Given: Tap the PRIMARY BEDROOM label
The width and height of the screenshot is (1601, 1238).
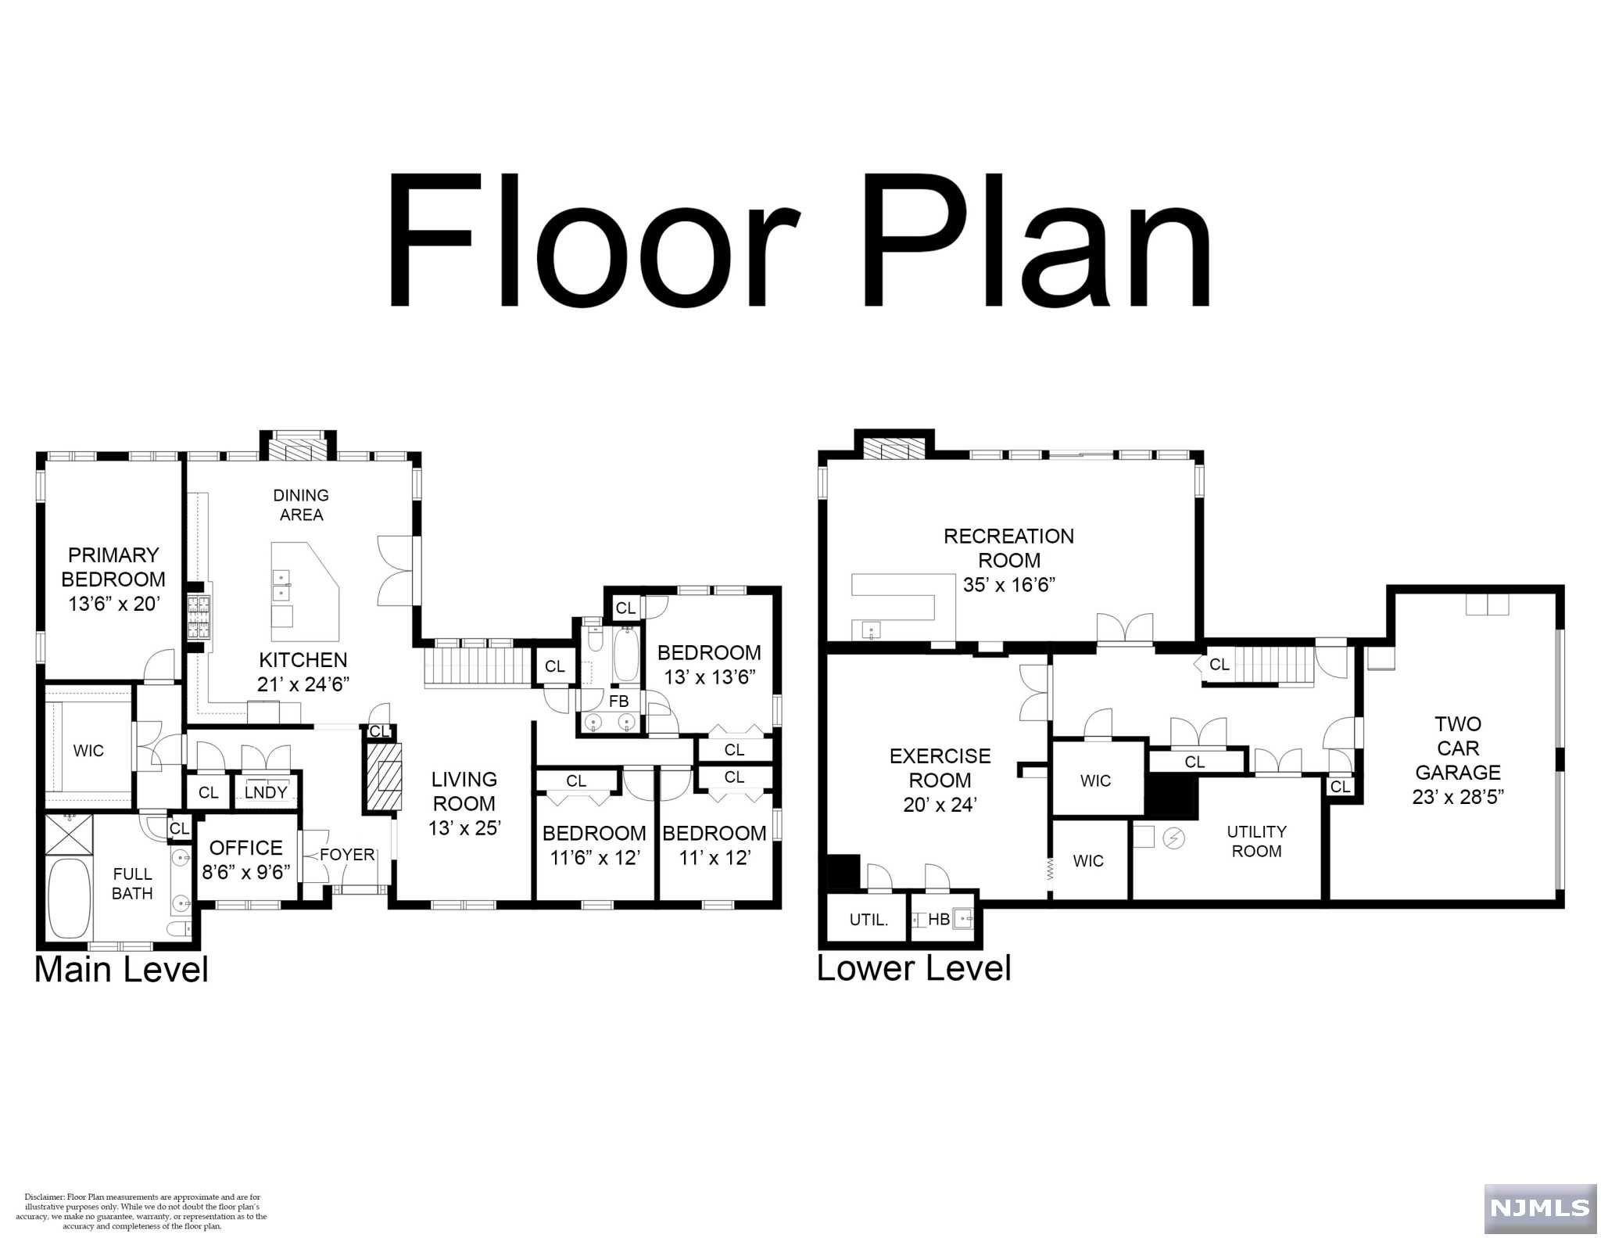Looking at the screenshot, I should (113, 567).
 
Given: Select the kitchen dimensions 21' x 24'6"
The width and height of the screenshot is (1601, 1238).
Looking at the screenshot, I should (303, 684).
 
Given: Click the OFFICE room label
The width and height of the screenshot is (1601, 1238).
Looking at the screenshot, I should (246, 848).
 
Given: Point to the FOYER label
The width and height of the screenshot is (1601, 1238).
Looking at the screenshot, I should (347, 855).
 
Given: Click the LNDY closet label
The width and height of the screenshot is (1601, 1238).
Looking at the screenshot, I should (266, 792).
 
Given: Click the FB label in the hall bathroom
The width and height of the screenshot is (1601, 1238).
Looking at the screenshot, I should (618, 702).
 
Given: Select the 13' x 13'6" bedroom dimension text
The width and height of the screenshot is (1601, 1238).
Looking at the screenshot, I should (709, 677).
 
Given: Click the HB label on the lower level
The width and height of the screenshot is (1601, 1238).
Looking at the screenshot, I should (938, 920).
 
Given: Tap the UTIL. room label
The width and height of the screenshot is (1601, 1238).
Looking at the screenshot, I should (869, 920).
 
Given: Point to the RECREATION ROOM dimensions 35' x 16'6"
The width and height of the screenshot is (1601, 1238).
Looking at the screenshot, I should (1008, 585).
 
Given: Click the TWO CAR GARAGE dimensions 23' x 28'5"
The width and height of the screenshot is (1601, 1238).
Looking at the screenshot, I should (1457, 797).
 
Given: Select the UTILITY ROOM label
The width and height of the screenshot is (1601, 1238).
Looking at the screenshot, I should (1256, 841).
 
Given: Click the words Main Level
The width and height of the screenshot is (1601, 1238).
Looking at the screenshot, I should (121, 970).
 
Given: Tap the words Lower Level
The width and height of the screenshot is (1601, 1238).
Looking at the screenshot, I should (914, 968).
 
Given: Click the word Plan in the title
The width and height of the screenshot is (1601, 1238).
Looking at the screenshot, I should (1036, 242).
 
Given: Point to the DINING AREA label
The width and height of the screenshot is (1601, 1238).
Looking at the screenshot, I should (301, 504).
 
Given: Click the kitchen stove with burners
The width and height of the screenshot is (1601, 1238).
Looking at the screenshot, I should (198, 618).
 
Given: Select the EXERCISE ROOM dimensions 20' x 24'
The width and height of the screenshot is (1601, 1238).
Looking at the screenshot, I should (940, 804).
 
